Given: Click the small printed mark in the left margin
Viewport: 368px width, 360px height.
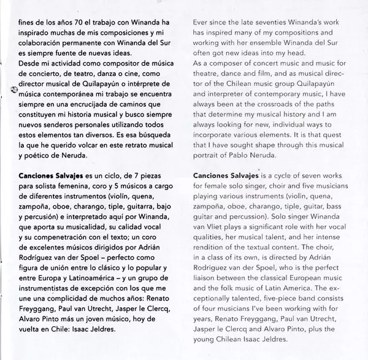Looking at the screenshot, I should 13,90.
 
